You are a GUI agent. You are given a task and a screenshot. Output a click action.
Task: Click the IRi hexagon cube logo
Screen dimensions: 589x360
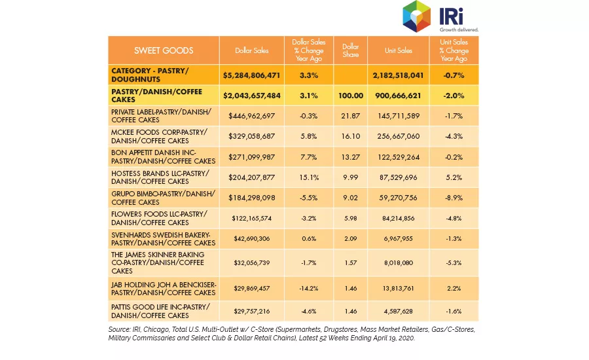click(416, 16)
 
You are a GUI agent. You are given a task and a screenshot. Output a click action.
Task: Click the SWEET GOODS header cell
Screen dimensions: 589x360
click(164, 50)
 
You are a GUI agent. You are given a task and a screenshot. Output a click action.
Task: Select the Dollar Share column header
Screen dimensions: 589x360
click(350, 50)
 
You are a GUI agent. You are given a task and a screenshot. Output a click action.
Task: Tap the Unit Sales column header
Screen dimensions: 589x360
click(398, 50)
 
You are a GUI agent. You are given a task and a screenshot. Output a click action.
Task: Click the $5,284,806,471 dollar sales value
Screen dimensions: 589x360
click(252, 75)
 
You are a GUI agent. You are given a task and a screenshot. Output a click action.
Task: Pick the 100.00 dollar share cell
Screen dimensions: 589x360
click(351, 96)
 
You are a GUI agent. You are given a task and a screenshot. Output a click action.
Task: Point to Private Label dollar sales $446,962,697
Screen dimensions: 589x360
click(252, 116)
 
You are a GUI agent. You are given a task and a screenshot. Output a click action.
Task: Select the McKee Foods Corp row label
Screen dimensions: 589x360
click(159, 136)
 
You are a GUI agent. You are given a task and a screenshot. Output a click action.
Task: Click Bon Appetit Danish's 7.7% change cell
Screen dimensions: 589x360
click(309, 157)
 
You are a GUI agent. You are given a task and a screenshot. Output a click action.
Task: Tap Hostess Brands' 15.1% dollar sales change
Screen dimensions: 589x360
click(309, 177)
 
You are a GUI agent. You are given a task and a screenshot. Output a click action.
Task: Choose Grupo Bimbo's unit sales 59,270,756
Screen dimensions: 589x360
click(398, 198)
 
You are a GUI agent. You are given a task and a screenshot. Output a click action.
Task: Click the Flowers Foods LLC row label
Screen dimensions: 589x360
click(159, 219)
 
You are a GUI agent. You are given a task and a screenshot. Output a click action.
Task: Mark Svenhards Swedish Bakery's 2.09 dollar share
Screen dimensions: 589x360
click(351, 239)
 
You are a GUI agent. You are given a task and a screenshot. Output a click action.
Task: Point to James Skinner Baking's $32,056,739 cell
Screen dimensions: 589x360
click(252, 262)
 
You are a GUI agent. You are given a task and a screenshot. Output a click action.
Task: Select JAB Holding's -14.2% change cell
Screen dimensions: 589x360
click(309, 289)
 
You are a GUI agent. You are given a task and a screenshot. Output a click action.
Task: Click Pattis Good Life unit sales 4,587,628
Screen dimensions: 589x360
click(398, 311)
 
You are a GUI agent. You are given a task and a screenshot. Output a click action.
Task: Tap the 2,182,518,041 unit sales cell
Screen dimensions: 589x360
click(398, 75)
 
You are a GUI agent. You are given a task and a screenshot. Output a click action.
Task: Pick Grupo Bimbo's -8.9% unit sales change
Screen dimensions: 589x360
click(454, 198)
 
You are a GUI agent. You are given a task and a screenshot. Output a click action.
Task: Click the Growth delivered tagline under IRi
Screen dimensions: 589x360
click(459, 29)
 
